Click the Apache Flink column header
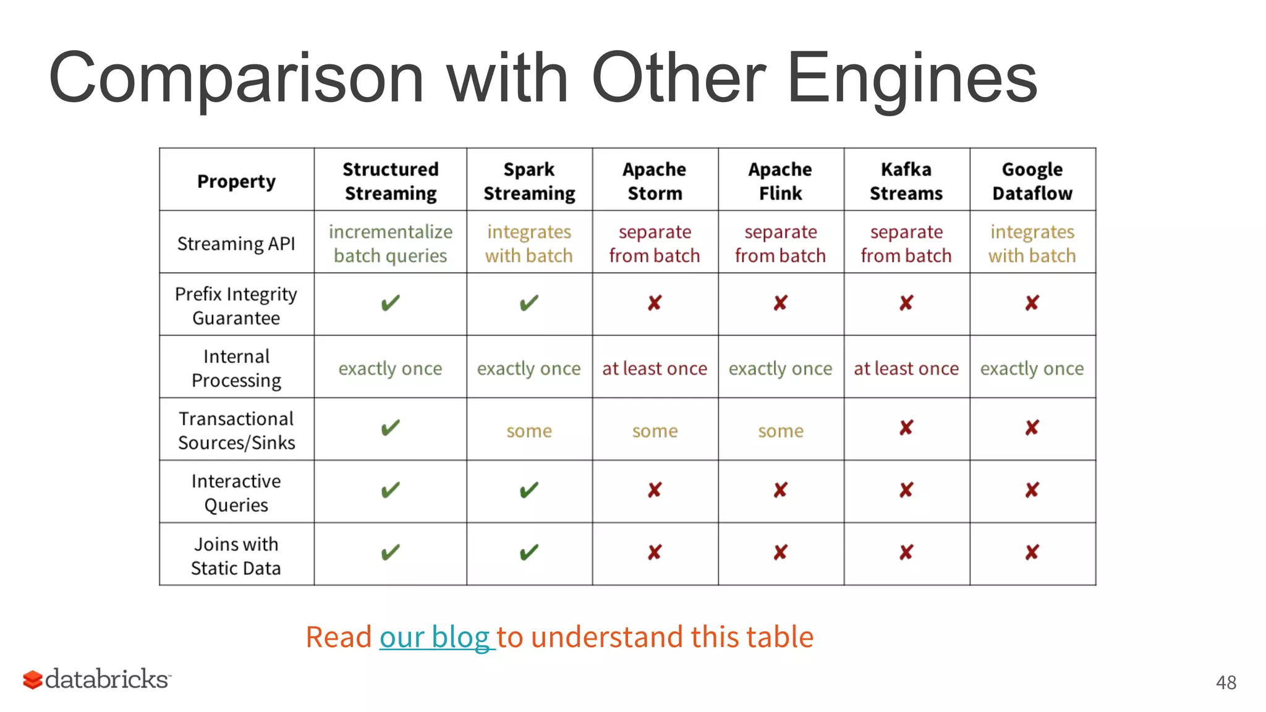pos(781,181)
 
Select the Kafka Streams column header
pos(906,181)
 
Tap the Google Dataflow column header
pos(1032,181)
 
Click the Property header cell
pos(236,181)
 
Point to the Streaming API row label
pos(236,244)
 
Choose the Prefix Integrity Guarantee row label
pos(236,305)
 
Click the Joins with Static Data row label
pos(236,556)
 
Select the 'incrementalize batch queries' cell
pos(390,244)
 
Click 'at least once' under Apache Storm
pos(655,368)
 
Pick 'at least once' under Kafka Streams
pos(906,368)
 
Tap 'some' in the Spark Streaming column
pos(529,431)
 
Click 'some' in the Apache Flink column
pos(781,431)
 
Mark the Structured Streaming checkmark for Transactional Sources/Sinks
pos(390,428)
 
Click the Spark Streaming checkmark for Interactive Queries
pos(529,490)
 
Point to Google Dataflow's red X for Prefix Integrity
pos(1032,303)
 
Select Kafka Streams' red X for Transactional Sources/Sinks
pos(906,428)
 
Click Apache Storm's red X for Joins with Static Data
pos(655,552)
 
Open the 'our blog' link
pos(435,637)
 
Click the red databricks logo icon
pos(33,680)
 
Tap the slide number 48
pos(1226,682)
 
